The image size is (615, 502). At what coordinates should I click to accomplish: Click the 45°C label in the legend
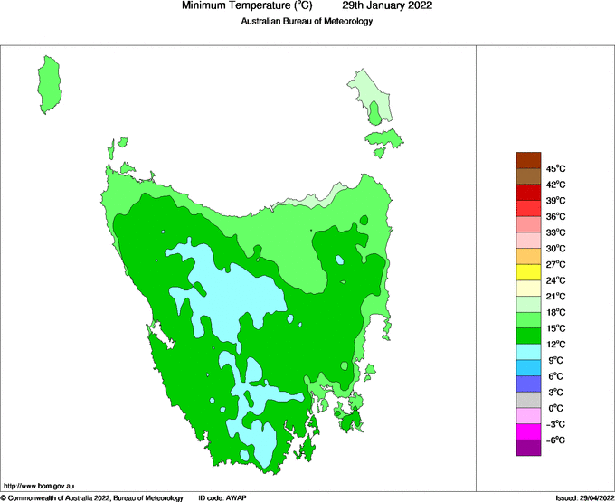pyautogui.click(x=555, y=169)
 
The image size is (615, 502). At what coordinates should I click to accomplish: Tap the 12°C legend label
pyautogui.click(x=555, y=345)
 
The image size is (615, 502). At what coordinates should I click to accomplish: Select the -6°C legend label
pyautogui.click(x=554, y=440)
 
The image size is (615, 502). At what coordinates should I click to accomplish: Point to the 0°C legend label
pyautogui.click(x=555, y=409)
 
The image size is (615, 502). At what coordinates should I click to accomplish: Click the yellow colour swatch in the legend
pyautogui.click(x=528, y=272)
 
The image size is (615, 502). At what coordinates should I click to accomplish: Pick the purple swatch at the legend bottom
pyautogui.click(x=528, y=448)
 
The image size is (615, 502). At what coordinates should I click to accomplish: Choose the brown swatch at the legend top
pyautogui.click(x=528, y=161)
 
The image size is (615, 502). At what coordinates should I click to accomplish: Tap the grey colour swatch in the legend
pyautogui.click(x=528, y=400)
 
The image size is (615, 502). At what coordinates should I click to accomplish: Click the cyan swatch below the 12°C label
pyautogui.click(x=528, y=352)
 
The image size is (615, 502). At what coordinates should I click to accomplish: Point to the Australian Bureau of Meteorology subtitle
pyautogui.click(x=307, y=21)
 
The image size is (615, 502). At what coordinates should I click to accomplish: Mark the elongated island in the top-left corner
pyautogui.click(x=50, y=83)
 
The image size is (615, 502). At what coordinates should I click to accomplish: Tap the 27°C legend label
pyautogui.click(x=555, y=265)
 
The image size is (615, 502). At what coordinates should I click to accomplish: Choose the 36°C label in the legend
pyautogui.click(x=555, y=217)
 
